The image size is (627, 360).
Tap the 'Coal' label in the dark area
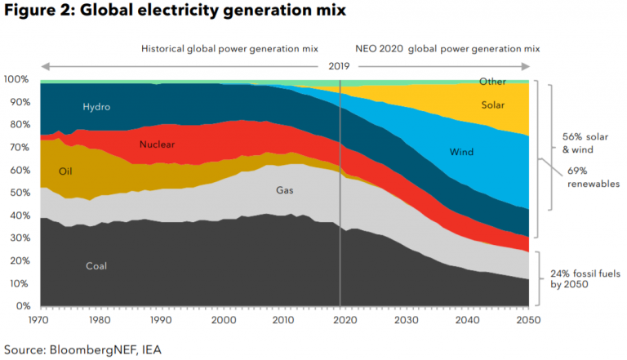pos(96,265)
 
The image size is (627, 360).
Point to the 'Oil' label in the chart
pos(67,171)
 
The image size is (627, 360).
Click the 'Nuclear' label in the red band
pos(157,144)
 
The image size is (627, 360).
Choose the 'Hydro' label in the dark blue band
pos(96,107)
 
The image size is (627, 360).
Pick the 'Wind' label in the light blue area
pos(462,152)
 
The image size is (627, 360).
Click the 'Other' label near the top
pos(492,82)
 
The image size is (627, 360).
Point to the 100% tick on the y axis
pos(17,79)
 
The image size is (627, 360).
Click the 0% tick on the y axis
pos(23,306)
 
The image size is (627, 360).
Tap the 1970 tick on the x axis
pos(40,320)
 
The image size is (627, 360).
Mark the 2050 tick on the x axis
pos(528,320)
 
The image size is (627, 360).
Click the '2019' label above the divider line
pos(340,65)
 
